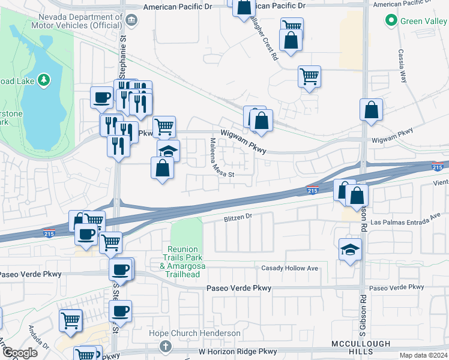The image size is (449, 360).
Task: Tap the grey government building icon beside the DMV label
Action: coord(132,21)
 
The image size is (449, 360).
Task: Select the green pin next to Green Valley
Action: coord(391,21)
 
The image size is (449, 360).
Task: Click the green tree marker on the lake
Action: coord(43,80)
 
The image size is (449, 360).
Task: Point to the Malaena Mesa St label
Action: coord(214,157)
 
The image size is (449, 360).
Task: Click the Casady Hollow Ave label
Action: coord(289,268)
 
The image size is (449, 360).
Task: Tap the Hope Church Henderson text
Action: coord(195,334)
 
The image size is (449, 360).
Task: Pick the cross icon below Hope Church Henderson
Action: coord(166,346)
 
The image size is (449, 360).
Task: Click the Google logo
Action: coord(20,353)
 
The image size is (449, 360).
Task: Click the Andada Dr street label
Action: coord(38,338)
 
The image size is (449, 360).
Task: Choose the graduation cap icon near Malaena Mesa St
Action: coord(169,150)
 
